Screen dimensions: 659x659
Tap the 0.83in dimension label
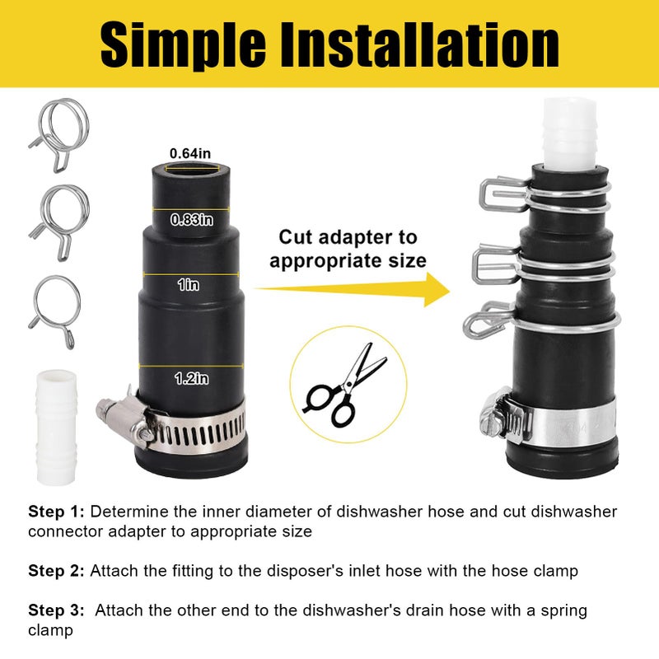[x=191, y=220]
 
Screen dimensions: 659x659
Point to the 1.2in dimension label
[x=191, y=378]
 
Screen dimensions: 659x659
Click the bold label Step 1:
[x=57, y=512]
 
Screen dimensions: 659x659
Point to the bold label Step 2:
[x=57, y=570]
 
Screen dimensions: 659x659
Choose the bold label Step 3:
[x=57, y=611]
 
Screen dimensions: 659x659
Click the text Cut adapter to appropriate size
[x=348, y=250]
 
